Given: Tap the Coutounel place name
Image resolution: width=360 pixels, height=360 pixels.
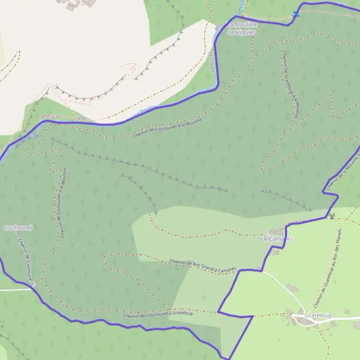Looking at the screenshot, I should tap(17, 228).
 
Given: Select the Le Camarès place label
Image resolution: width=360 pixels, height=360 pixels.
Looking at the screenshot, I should tap(276, 239).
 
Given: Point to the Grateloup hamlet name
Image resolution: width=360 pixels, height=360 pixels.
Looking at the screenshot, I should tap(318, 314).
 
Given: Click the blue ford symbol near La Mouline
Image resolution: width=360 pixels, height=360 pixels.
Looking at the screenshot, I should tap(295, 13).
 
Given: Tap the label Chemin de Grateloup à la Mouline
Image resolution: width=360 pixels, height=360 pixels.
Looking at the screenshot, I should tap(291, 84).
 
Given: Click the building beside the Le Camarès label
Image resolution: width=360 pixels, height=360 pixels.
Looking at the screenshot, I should tap(275, 231).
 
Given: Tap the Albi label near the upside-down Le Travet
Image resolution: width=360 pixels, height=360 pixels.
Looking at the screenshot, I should tap(81, 119).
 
